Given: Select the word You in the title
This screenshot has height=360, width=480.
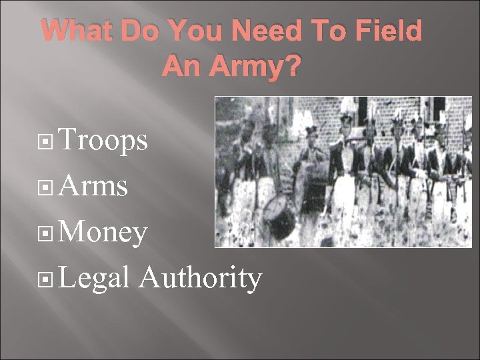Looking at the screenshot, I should click(x=197, y=31).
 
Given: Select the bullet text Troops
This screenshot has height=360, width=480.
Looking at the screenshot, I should click(x=104, y=141).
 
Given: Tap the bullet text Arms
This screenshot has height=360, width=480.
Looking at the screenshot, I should click(x=94, y=187).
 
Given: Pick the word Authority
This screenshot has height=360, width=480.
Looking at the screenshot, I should click(x=199, y=278).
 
